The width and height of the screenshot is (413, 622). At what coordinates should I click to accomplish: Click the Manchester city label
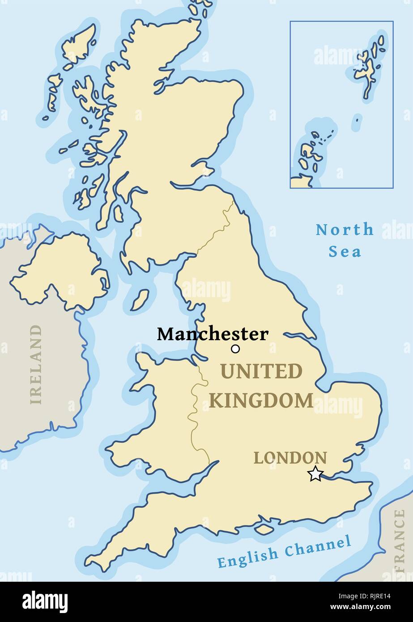point(213,334)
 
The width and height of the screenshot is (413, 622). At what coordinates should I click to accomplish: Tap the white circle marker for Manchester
point(235,349)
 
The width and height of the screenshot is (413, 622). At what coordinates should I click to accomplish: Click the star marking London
point(315,474)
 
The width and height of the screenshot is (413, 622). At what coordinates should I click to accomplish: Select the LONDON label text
point(290,458)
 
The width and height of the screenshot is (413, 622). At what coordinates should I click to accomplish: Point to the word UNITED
point(261,371)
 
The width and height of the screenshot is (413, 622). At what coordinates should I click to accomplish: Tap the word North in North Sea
point(345,230)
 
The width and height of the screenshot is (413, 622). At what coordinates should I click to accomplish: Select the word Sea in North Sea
point(345,251)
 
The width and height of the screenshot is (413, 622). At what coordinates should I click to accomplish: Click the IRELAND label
point(35,365)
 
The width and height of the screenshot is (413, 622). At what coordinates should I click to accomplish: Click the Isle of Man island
point(140,300)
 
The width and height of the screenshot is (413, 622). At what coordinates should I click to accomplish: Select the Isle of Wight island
point(264,529)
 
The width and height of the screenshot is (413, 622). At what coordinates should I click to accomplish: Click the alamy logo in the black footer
point(45,602)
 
